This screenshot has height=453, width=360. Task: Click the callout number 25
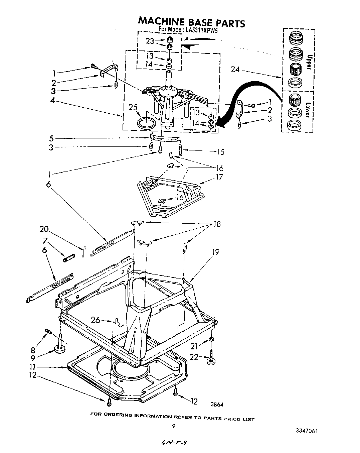(x=134, y=107)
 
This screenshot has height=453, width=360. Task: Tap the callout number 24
(x=235, y=70)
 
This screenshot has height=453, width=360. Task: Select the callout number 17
(x=219, y=177)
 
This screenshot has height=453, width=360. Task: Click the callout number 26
(x=96, y=320)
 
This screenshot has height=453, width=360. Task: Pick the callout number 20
(x=44, y=229)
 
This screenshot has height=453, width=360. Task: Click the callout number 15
(x=220, y=152)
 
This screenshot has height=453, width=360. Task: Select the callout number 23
(x=150, y=41)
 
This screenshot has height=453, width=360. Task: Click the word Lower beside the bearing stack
(x=308, y=109)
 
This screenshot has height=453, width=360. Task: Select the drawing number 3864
(x=217, y=405)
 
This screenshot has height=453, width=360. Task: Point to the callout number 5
(x=51, y=138)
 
